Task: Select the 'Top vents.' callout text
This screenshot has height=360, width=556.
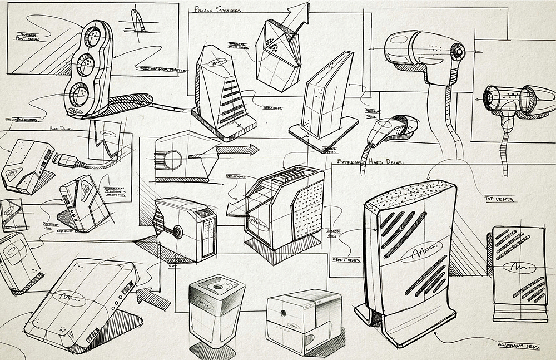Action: (499, 198)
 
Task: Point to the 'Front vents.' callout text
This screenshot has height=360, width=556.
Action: (346, 260)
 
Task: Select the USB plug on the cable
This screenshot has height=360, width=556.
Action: (63, 157)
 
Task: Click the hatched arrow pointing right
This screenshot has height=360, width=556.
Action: (236, 150)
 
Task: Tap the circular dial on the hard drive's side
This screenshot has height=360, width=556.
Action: (177, 231)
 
